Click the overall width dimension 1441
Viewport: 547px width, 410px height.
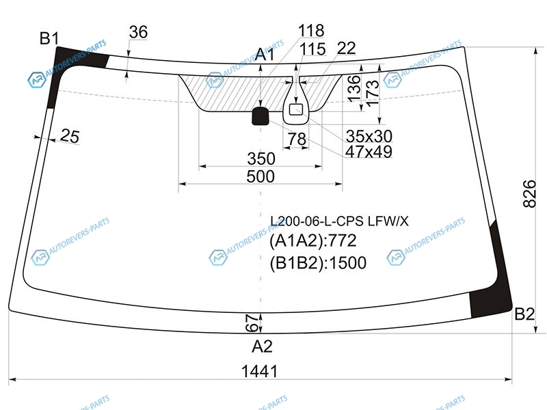(259, 371)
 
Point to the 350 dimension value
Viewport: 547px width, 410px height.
(261, 159)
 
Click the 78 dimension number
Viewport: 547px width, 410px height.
(296, 139)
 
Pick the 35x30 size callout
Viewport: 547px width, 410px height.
(369, 135)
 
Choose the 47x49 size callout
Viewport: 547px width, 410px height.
(369, 152)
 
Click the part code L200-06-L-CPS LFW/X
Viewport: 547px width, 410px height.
(339, 221)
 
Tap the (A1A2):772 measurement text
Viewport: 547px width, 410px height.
(314, 241)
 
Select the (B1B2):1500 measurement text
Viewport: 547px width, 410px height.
(318, 263)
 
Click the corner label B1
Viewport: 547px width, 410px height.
(49, 39)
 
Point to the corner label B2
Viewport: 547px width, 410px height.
(524, 314)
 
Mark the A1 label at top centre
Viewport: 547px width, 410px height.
(265, 55)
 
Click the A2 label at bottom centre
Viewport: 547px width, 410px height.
(262, 346)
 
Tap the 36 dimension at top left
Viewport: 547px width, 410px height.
(138, 32)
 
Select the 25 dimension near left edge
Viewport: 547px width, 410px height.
(69, 136)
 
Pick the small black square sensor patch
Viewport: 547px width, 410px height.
(261, 116)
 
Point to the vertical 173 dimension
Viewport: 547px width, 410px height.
(371, 89)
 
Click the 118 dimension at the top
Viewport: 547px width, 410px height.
(311, 31)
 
